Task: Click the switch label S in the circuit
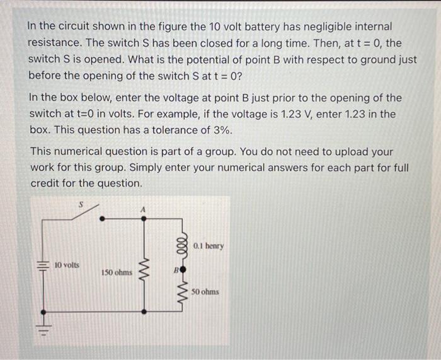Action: click(x=81, y=204)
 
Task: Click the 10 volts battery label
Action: click(x=67, y=265)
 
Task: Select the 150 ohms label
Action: click(x=117, y=273)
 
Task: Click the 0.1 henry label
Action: click(x=209, y=246)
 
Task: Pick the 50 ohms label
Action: click(x=205, y=293)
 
